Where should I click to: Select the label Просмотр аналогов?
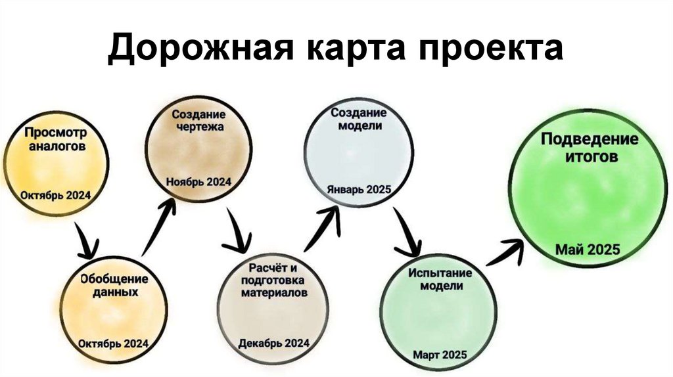[57, 139]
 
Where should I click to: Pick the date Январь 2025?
[359, 189]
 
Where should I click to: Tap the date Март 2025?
[440, 355]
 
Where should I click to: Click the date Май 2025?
[588, 250]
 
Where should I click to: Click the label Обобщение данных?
[114, 286]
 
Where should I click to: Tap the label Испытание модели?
[436, 279]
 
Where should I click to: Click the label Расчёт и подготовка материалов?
[273, 280]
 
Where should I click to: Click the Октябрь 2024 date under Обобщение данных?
[113, 344]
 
